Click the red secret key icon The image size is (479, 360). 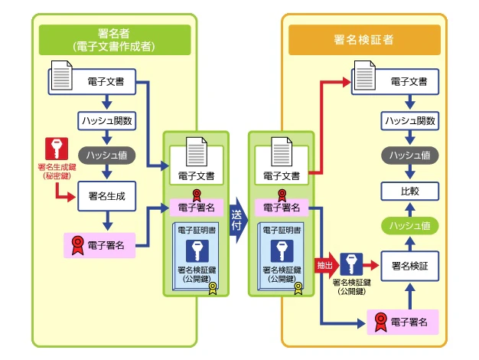[57, 149]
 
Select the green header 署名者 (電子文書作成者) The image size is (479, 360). [115, 40]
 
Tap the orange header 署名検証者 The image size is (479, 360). [364, 40]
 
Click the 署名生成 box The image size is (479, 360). [107, 196]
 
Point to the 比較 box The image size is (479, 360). [409, 191]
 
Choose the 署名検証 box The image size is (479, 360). [409, 266]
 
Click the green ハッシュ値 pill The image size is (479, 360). [409, 226]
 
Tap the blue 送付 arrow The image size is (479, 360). [239, 221]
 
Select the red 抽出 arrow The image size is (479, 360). [327, 265]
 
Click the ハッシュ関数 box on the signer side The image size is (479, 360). [107, 121]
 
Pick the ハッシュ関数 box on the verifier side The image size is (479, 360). [409, 121]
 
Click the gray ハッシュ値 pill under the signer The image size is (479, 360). [107, 155]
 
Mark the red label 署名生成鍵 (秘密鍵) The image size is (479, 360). [57, 172]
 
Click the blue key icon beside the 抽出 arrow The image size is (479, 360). [351, 264]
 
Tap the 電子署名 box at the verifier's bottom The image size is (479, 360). [402, 322]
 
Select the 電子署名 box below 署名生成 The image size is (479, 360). [99, 245]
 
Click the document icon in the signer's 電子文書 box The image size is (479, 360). [62, 76]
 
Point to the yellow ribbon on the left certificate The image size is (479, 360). [213, 289]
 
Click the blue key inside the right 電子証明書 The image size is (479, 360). [282, 251]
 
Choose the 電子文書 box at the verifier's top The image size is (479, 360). [395, 82]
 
